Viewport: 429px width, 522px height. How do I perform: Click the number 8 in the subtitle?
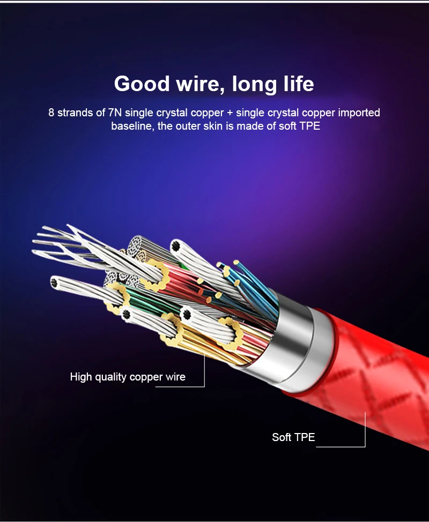click(51, 113)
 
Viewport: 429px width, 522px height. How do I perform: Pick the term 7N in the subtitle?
click(115, 113)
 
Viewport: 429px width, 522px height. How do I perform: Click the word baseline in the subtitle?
click(131, 126)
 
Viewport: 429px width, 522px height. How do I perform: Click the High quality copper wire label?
click(128, 377)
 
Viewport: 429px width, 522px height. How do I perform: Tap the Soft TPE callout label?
click(293, 437)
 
